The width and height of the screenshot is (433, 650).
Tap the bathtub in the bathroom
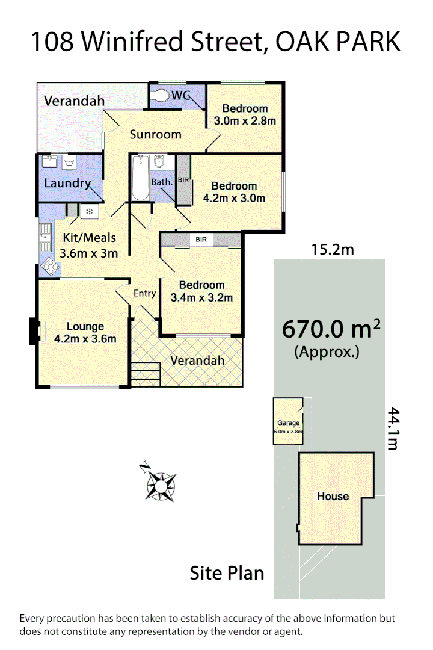(x=140, y=178)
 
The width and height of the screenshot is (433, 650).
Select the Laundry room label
(x=67, y=184)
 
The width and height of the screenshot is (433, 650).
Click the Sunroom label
(x=155, y=134)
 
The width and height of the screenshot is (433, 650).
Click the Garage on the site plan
(x=289, y=422)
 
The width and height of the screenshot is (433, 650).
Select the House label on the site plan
(x=333, y=497)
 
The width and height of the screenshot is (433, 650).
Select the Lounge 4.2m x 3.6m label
(x=85, y=333)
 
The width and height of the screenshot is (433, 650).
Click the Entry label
(x=144, y=294)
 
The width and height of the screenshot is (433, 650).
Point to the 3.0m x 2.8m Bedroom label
(x=245, y=114)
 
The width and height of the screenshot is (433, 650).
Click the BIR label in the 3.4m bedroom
(x=201, y=240)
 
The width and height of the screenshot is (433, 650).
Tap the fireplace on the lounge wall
(x=35, y=332)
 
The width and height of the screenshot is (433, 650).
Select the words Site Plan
(x=227, y=573)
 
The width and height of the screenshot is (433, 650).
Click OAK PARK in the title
(x=338, y=42)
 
